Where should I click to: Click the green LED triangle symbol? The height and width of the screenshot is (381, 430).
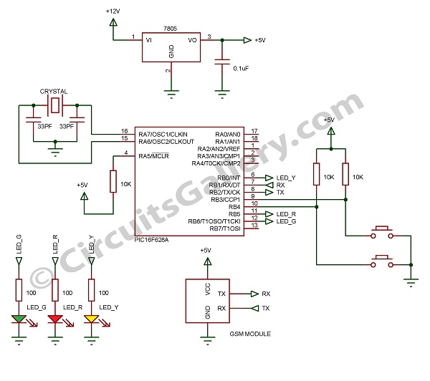point(19,319)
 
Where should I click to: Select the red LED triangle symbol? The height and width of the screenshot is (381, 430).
point(55,319)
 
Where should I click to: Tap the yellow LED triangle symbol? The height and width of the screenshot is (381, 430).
point(92,319)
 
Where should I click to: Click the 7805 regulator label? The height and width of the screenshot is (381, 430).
point(170,29)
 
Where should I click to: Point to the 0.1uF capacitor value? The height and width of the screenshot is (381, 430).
point(241,69)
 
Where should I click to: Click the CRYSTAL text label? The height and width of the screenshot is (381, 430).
point(54,91)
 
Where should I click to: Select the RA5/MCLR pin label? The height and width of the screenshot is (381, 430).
point(153,156)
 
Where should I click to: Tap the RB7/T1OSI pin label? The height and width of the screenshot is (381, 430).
point(225,228)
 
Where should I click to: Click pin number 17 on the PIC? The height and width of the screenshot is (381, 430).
point(254,131)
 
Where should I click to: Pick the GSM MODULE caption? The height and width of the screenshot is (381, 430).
point(250,334)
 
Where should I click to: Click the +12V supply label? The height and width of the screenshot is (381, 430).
point(113,11)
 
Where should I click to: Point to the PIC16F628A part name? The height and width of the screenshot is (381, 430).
point(152,240)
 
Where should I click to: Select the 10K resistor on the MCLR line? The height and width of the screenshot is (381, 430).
point(113,181)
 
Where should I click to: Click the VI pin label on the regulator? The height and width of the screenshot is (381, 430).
point(149,40)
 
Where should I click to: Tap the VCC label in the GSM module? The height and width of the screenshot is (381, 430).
point(208,289)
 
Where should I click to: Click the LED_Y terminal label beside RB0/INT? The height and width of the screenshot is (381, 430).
point(286,178)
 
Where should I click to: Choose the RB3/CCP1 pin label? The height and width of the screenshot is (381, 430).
point(226,200)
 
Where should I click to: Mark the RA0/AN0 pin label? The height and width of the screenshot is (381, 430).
point(228,135)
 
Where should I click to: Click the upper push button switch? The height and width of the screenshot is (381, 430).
point(381,232)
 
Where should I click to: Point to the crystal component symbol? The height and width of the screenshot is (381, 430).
point(55,105)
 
